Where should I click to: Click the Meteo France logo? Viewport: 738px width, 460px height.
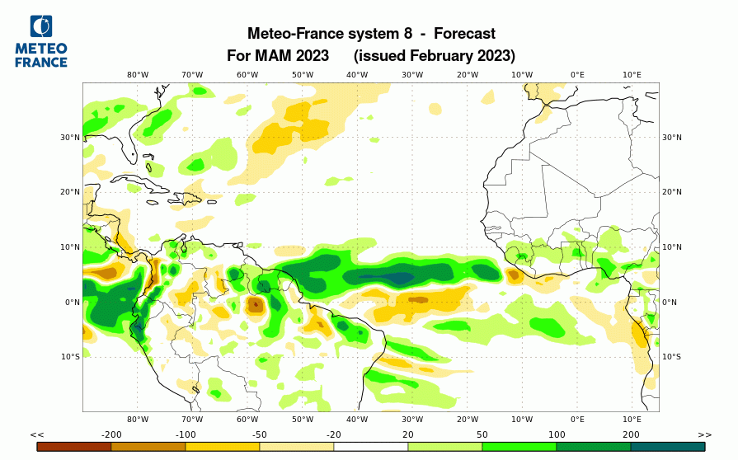pos(41,41)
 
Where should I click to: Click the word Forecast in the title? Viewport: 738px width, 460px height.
pos(464,34)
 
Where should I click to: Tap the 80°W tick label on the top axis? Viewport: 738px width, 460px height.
pos(138,75)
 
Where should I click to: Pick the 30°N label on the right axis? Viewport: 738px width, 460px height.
pos(672,138)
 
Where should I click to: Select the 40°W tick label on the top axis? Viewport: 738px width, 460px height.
pos(357,75)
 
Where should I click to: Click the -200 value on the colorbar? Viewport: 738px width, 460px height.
pos(111,434)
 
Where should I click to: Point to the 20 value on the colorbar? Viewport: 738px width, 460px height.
pos(408,434)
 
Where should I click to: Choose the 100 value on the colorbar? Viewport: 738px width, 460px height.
pos(557,434)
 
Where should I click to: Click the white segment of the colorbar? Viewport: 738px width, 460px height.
pos(371,446)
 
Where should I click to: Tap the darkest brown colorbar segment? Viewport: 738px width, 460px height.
pos(74,446)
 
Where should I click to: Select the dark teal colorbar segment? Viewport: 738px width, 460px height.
pos(668,446)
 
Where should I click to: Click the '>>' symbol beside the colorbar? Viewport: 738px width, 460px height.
pos(704,434)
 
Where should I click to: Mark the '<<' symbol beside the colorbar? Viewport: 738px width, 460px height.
pos(37,434)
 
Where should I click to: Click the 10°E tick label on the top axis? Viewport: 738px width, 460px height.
pos(632,75)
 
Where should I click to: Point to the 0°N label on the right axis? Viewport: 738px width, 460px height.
pos(670,303)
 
